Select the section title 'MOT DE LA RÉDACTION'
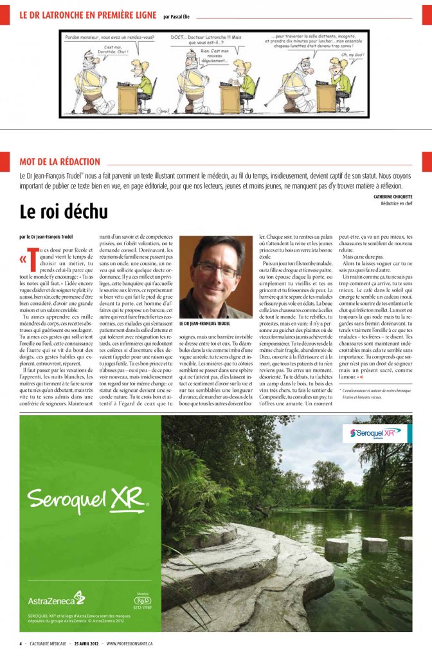pos(60,162)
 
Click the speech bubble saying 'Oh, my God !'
pos(353,55)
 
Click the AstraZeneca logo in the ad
pos(57,600)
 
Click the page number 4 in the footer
pos(20,643)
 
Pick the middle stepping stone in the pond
pos(375,545)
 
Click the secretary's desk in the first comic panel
pos(128,98)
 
